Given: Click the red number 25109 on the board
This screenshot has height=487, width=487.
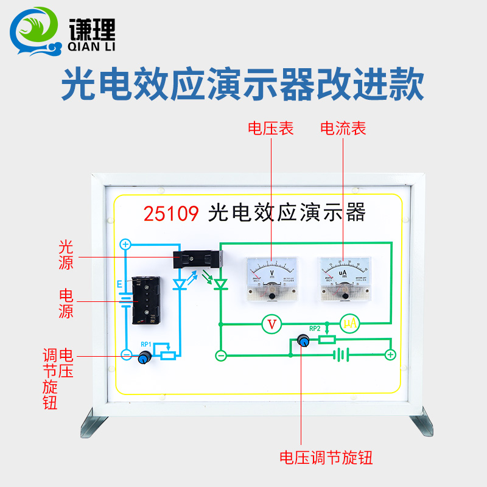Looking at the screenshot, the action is (x=171, y=214).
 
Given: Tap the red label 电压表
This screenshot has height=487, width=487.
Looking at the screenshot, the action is (x=270, y=128).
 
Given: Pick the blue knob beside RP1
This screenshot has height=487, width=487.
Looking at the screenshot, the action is (x=144, y=358).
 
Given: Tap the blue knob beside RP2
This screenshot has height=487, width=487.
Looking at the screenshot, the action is (x=302, y=342).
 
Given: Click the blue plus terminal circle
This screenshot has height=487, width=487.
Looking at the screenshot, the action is (x=125, y=245).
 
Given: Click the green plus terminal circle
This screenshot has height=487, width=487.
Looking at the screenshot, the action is (x=390, y=355).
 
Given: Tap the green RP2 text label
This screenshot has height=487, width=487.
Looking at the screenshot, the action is (x=315, y=329).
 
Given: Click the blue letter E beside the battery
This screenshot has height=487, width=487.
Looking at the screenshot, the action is (x=119, y=284).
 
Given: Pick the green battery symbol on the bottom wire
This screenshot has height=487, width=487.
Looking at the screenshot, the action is (x=341, y=354).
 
